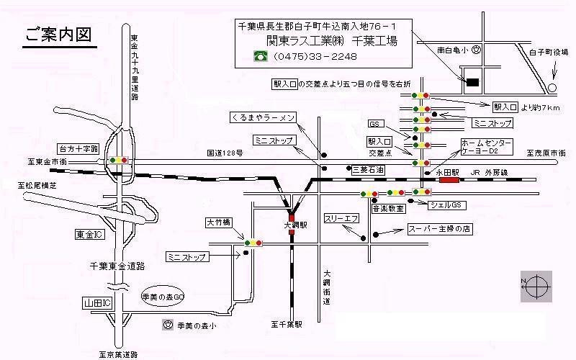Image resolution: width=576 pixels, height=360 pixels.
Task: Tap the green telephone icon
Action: (258, 55)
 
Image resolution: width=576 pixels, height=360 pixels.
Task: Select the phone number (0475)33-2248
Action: (307, 56)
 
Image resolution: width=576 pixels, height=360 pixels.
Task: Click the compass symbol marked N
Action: (536, 287)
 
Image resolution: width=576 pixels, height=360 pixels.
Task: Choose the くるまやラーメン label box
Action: (264, 117)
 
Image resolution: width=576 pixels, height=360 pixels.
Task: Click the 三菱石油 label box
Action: (367, 169)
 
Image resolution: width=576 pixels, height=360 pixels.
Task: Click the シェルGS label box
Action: (448, 205)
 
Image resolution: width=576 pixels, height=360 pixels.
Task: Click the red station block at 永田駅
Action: (449, 180)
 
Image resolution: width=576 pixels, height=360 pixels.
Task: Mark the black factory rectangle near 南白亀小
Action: (472, 83)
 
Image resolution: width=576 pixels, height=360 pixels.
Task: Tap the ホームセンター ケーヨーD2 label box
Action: (487, 148)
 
